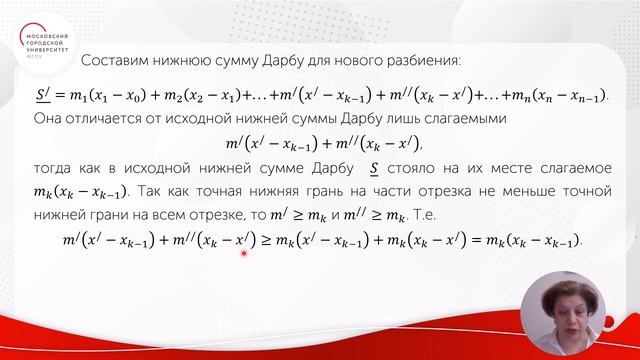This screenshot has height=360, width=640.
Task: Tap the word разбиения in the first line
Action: [x=423, y=61]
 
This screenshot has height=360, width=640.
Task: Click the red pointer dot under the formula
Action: [x=244, y=253]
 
